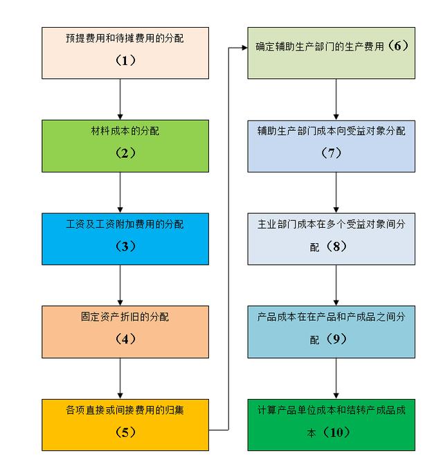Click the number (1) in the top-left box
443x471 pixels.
pos(125,61)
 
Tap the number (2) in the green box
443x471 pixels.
pos(125,153)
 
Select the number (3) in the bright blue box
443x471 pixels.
pos(125,247)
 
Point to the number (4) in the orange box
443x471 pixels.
pos(125,339)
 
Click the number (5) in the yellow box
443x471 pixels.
pos(125,432)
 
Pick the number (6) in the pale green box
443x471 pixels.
pos(398,46)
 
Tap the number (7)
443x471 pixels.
pos(332,153)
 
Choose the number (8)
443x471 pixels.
pos(336,247)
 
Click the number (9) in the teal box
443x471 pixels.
pos(336,339)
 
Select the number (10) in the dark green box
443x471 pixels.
pos(336,432)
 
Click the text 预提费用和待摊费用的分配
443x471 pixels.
pos(125,39)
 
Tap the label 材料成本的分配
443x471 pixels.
pos(125,131)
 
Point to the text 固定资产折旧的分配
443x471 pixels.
pos(125,317)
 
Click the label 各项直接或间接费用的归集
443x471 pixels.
pos(125,410)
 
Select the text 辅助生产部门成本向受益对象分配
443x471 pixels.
pos(332,131)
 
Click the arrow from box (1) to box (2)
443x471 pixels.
pos(120,100)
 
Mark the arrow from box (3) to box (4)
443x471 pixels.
pos(120,285)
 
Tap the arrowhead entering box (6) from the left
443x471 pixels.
pos(244,48)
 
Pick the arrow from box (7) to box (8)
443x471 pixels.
pos(336,193)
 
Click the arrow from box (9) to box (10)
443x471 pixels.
pos(336,378)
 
